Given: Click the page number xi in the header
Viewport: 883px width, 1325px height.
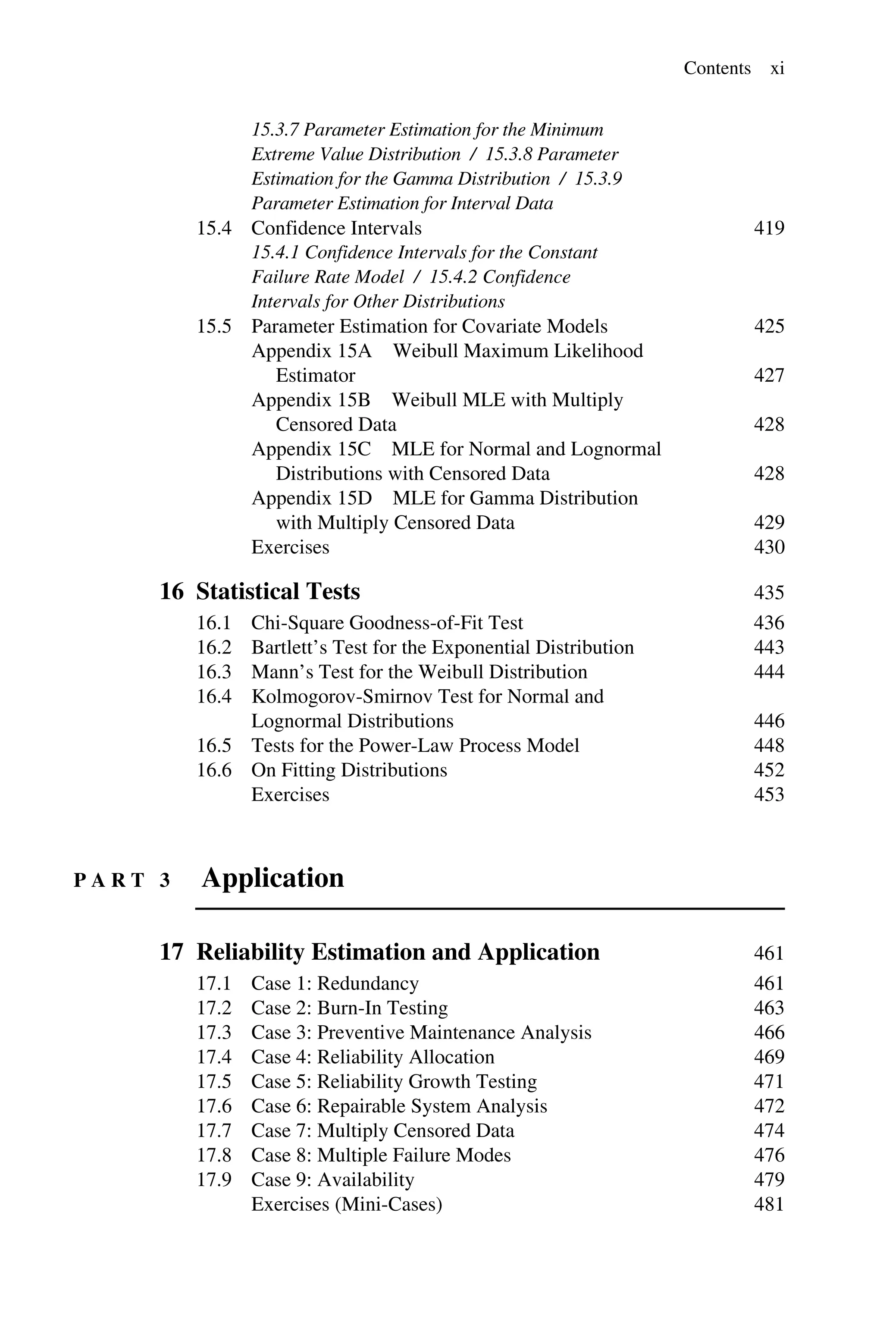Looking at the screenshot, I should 777,68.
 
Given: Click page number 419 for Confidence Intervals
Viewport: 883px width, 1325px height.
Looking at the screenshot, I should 769,228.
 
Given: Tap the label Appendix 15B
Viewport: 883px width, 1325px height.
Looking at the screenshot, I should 311,400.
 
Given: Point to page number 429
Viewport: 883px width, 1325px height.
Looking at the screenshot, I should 769,523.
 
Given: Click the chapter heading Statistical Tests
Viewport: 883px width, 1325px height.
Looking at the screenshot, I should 278,591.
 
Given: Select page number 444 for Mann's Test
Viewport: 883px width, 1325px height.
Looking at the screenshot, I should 769,672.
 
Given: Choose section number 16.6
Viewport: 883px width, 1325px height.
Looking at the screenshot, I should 214,770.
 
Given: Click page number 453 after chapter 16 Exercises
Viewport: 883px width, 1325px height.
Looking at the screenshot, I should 769,795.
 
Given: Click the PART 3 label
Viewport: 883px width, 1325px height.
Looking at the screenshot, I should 122,880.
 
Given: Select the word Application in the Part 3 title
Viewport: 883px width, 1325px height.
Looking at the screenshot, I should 272,878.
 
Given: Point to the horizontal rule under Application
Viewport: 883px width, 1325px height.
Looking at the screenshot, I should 490,909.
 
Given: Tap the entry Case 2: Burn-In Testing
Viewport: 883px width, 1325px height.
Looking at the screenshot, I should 349,1008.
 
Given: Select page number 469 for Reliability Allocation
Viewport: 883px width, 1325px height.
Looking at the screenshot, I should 769,1057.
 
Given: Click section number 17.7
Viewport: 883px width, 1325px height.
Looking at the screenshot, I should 214,1130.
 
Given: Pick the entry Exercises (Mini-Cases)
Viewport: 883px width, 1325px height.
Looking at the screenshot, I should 346,1204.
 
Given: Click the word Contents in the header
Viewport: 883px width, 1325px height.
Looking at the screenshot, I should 717,68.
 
